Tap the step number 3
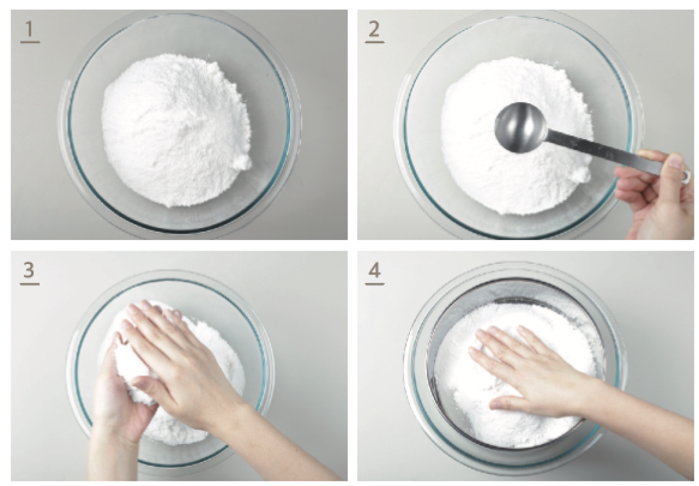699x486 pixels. click(29, 270)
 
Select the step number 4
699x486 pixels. click(375, 270)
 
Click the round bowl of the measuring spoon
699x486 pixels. click(521, 128)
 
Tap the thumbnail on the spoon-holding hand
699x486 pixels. click(675, 161)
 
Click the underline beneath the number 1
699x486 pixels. click(30, 42)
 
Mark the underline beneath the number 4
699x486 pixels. click(375, 284)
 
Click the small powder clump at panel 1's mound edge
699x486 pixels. click(243, 163)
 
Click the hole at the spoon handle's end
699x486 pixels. click(686, 177)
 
